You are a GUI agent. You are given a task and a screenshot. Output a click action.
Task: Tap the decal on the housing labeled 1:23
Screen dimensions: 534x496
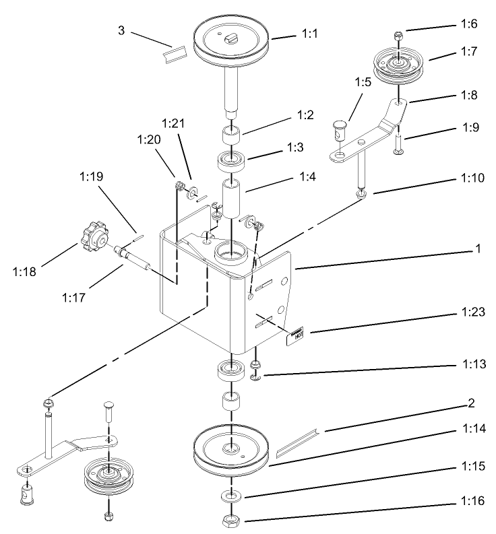click(x=296, y=334)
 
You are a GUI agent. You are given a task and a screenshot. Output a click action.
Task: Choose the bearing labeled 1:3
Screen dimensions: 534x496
click(x=231, y=162)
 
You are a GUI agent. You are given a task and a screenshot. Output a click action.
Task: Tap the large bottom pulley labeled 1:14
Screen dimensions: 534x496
click(x=231, y=450)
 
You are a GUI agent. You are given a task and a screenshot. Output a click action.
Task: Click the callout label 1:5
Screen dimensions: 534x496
click(x=363, y=83)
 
